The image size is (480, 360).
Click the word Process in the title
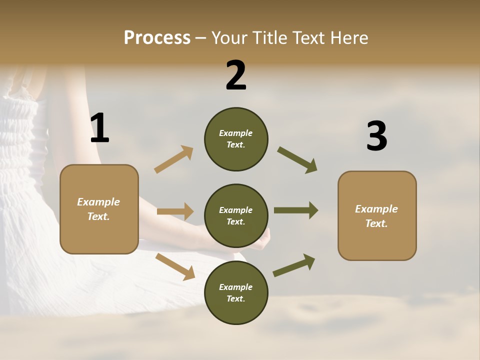click(x=157, y=38)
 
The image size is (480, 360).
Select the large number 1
click(x=99, y=128)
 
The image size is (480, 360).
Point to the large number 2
click(x=236, y=75)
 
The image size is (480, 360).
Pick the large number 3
click(x=376, y=136)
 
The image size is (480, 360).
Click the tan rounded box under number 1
click(x=99, y=209)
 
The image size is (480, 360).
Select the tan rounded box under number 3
click(x=377, y=215)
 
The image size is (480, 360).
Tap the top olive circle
click(x=236, y=139)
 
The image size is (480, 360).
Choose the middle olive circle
click(x=236, y=216)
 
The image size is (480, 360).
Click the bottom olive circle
click(x=236, y=293)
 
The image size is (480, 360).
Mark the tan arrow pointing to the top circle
click(x=174, y=159)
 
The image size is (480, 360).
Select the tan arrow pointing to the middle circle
click(x=175, y=211)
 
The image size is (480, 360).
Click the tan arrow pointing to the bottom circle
click(x=175, y=266)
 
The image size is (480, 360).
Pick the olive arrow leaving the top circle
click(x=297, y=160)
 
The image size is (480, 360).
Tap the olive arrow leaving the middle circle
click(x=295, y=210)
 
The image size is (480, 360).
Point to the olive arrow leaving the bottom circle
click(x=294, y=265)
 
